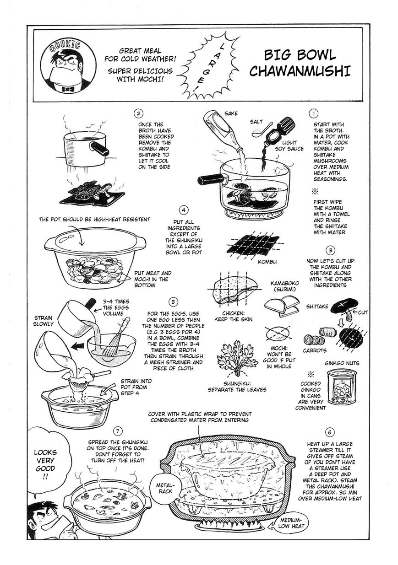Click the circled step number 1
tap(313, 113)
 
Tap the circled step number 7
tap(118, 431)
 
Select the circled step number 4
tap(184, 210)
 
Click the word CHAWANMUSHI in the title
tap(300, 71)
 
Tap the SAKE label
tap(231, 113)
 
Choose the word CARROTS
tap(315, 350)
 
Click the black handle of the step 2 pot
tap(100, 149)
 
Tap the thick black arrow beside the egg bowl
tap(78, 347)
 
